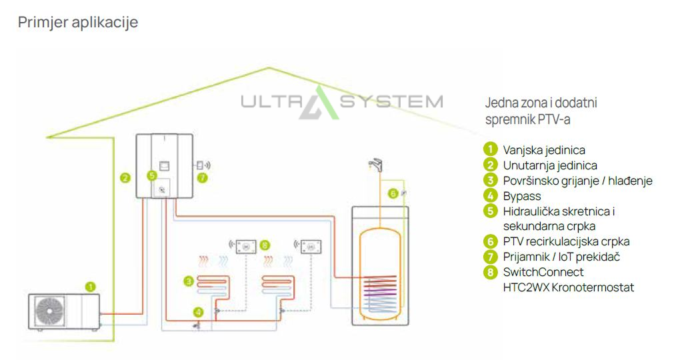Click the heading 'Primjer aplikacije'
click(78, 23)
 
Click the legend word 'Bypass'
click(522, 196)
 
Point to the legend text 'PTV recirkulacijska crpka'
click(566, 241)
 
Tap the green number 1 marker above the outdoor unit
click(91, 287)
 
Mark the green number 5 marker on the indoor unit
click(152, 175)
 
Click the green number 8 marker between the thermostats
click(265, 246)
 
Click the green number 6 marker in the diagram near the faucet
click(393, 193)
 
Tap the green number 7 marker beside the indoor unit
click(203, 177)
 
